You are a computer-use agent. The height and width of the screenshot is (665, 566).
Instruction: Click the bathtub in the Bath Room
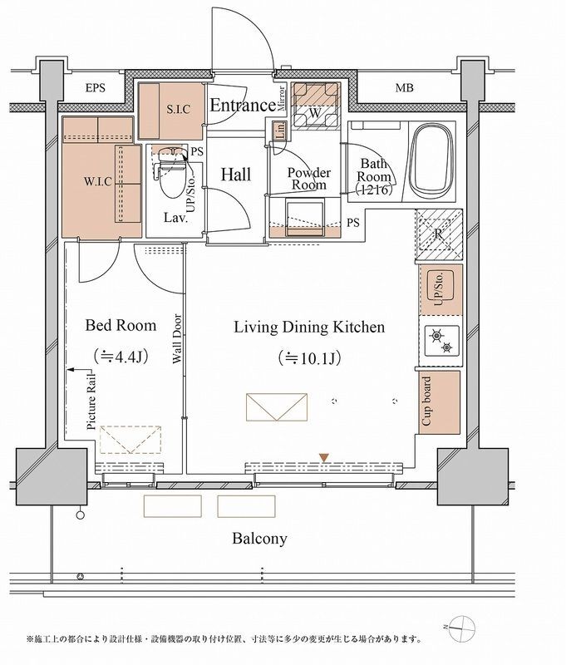point(431,159)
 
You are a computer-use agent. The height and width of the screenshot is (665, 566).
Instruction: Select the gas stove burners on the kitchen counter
point(441,342)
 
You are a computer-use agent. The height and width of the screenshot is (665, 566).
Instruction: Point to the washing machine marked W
point(316,106)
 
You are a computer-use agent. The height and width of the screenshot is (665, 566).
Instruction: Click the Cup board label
point(426,401)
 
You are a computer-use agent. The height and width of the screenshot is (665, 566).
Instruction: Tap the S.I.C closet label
point(179,110)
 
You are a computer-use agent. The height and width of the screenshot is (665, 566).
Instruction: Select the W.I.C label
point(97,181)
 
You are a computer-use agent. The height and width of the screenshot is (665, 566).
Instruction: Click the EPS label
point(96,88)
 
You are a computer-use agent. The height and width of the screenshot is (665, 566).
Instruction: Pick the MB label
point(405,88)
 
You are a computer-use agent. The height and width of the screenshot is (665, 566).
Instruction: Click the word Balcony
point(259,539)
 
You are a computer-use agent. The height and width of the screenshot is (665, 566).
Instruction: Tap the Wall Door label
point(177,339)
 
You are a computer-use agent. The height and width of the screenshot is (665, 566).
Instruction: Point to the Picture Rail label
point(91,401)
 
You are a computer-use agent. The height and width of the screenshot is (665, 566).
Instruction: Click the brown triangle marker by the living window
point(324,458)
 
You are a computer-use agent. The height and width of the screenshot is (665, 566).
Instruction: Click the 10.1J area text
point(309,359)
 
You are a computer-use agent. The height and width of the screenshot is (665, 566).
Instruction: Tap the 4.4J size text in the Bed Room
point(121,357)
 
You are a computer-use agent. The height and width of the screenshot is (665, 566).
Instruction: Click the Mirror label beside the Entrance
point(282,99)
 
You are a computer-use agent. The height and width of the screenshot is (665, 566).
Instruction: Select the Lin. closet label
point(280,131)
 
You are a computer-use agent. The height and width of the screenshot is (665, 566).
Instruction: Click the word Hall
point(236,175)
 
